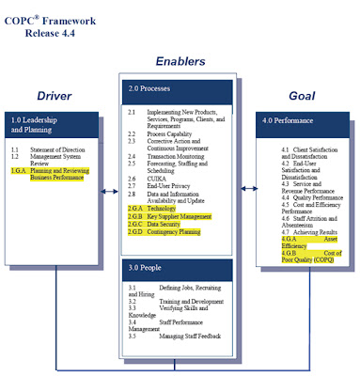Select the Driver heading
55,95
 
